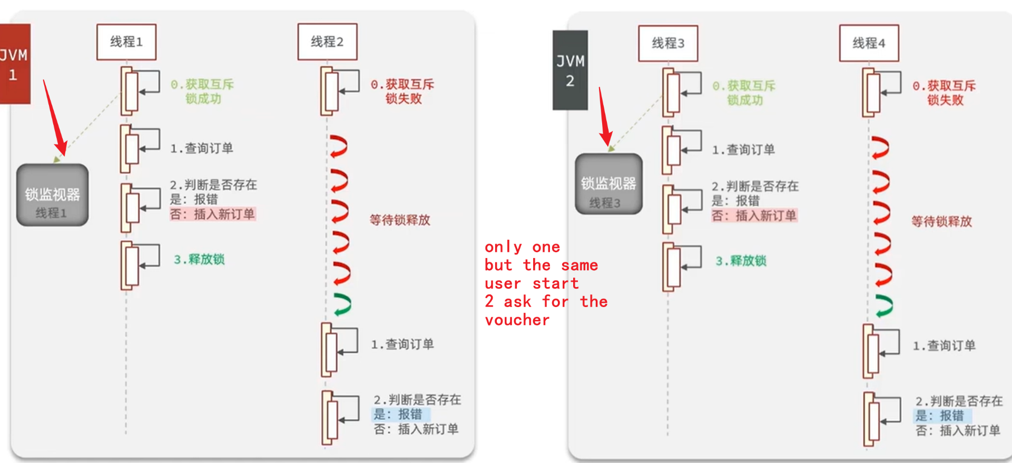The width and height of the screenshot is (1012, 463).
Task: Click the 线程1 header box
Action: coord(126,42)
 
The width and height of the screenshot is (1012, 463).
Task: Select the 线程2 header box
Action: coord(327,42)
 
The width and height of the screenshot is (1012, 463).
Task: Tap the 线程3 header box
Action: coord(668,43)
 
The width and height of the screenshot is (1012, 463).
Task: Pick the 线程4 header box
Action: coord(869,43)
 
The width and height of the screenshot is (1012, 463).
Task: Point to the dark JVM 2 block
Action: coord(570,70)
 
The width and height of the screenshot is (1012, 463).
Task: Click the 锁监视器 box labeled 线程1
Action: coord(52,195)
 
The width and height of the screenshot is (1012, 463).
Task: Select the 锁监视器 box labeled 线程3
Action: coord(608,184)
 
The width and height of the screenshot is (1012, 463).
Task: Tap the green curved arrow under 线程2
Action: coord(342,304)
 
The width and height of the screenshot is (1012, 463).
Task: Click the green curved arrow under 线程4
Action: coord(885,306)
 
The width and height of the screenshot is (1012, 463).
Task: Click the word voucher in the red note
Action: coord(517,320)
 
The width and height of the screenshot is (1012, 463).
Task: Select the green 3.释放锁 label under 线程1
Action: coord(199,259)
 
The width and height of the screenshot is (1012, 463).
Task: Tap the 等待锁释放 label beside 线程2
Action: coord(400,220)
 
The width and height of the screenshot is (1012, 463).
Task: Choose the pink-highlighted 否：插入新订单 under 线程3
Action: coord(754,215)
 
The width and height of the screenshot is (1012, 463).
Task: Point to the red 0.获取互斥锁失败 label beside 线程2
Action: coord(402,92)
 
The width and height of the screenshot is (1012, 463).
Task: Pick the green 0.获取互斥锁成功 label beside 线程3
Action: coord(744,93)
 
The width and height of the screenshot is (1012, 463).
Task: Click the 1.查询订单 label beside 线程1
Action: coord(201,149)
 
